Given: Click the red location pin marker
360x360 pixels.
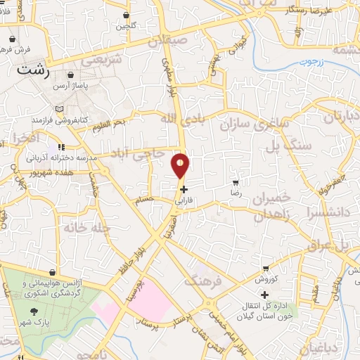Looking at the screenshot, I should click(x=181, y=165).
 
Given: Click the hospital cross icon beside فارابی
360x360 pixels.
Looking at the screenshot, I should click(x=184, y=189).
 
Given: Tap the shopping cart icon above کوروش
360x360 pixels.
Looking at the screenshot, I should click(x=265, y=269).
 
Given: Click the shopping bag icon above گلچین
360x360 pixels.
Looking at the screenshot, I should click(x=126, y=15).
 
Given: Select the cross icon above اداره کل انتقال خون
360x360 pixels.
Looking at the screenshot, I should click(x=264, y=295).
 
